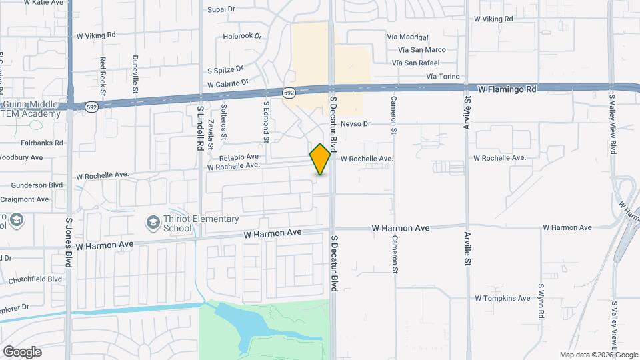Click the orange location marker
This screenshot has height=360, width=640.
point(320,159)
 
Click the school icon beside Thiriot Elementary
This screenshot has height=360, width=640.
point(153,222)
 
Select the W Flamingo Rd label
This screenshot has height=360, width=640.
point(507,89)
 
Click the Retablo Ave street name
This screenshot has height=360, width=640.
point(239,157)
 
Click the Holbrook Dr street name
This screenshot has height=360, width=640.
point(243,36)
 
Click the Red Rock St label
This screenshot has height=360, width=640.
point(103,71)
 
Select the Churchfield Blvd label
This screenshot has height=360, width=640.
point(36,279)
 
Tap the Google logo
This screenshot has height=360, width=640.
point(22,352)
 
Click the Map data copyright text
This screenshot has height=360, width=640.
point(598,355)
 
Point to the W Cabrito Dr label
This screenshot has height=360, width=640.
point(227,84)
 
